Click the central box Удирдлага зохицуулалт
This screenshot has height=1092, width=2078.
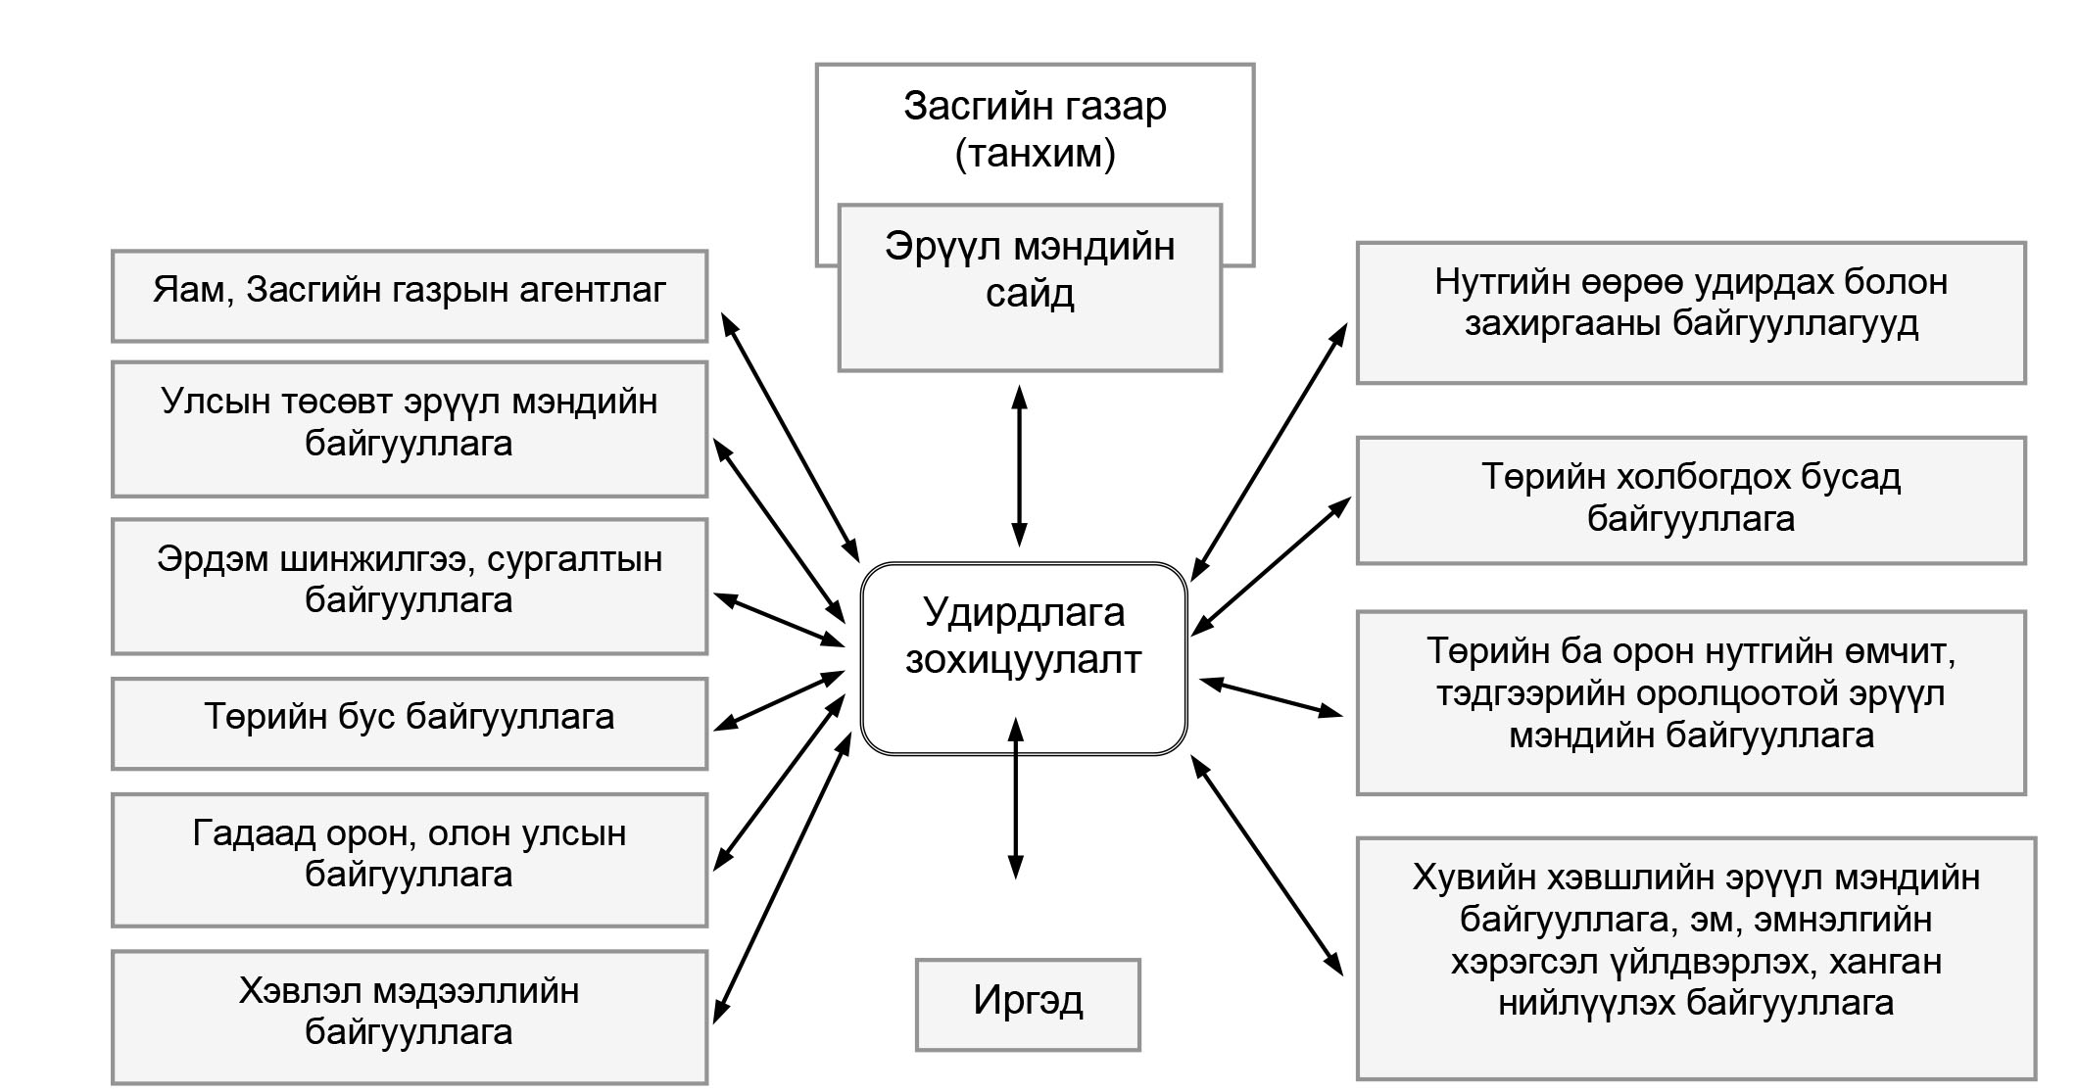point(1024,658)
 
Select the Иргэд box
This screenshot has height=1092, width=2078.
point(1028,1005)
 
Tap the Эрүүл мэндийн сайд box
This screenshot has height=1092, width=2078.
point(1030,288)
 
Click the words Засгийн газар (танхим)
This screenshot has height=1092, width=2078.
point(1035,129)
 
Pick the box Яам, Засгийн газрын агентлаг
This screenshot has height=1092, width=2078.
point(410,296)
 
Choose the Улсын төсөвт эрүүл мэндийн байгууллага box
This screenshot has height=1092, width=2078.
point(410,429)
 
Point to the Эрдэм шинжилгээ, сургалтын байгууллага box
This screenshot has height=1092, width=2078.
point(410,587)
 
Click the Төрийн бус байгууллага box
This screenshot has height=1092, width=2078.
point(410,724)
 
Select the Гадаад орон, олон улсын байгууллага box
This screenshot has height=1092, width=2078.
point(410,860)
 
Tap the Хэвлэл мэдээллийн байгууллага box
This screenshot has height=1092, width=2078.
point(410,1017)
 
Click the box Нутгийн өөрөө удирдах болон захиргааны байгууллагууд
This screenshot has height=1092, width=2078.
point(1691,312)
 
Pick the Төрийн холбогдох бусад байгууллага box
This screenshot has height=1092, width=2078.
point(1691,500)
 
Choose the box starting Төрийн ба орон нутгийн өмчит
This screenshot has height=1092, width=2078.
point(1691,702)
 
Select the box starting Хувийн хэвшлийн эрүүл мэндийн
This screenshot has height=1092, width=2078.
point(1696,958)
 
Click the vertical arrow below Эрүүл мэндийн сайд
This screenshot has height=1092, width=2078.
point(1019,465)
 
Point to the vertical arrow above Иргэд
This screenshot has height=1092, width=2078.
point(1016,798)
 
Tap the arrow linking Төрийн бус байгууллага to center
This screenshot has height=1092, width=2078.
point(780,700)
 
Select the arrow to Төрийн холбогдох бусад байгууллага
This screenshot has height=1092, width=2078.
point(1271,566)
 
